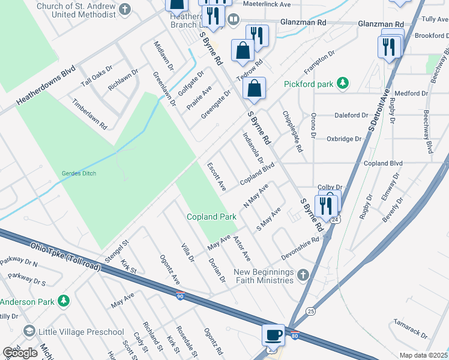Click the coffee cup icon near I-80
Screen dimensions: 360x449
[x=274, y=335]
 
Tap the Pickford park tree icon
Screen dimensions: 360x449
[x=342, y=83]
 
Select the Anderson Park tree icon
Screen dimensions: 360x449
[x=63, y=301]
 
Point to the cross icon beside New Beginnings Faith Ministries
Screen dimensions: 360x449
[x=303, y=275]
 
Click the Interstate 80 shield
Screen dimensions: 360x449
[x=294, y=335]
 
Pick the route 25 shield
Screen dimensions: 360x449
[x=310, y=311]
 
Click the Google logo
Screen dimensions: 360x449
[x=20, y=353]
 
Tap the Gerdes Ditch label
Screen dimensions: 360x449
[x=79, y=173]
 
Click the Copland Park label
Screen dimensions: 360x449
[x=211, y=217]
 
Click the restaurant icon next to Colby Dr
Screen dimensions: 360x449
[x=327, y=205]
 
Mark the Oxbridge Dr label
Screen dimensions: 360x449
[x=344, y=139]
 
